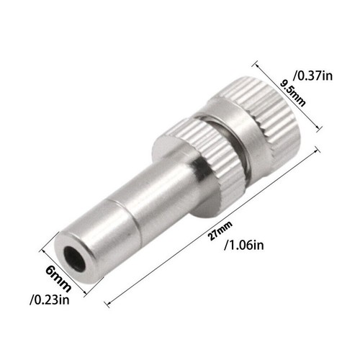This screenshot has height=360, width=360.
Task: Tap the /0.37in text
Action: click(x=313, y=76)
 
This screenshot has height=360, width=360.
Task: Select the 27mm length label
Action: click(x=220, y=231)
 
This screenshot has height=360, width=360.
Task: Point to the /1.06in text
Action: click(x=244, y=246)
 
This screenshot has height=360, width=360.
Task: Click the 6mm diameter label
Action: click(x=58, y=279)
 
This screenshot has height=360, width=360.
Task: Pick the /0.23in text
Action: click(x=50, y=300)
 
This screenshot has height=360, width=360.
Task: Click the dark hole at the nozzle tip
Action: click(x=75, y=258)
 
